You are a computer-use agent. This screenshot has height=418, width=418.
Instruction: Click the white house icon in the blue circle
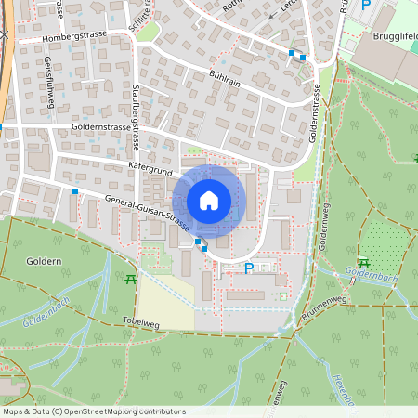(x=208, y=201)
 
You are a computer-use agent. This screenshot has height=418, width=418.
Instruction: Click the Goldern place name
(x=44, y=262)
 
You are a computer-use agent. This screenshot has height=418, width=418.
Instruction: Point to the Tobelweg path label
(x=140, y=321)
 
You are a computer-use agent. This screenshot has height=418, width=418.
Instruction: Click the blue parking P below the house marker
(x=248, y=268)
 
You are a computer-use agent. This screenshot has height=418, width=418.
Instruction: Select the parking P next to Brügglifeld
(x=366, y=5)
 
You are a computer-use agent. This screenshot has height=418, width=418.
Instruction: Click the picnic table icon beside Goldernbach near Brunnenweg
(x=363, y=263)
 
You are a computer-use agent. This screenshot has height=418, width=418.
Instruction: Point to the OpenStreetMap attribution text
(x=93, y=411)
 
